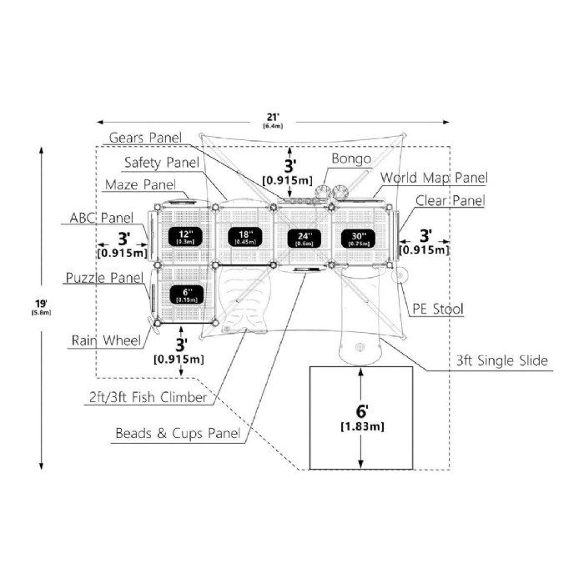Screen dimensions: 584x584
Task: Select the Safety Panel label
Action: [x=163, y=162]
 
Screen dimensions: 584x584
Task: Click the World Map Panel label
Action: [x=434, y=178]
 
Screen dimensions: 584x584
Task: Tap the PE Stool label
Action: [x=438, y=310]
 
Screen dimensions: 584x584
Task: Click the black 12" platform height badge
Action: [x=184, y=236]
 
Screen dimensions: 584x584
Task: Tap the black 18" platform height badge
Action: [x=245, y=236]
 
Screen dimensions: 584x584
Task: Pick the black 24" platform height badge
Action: [x=305, y=237]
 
